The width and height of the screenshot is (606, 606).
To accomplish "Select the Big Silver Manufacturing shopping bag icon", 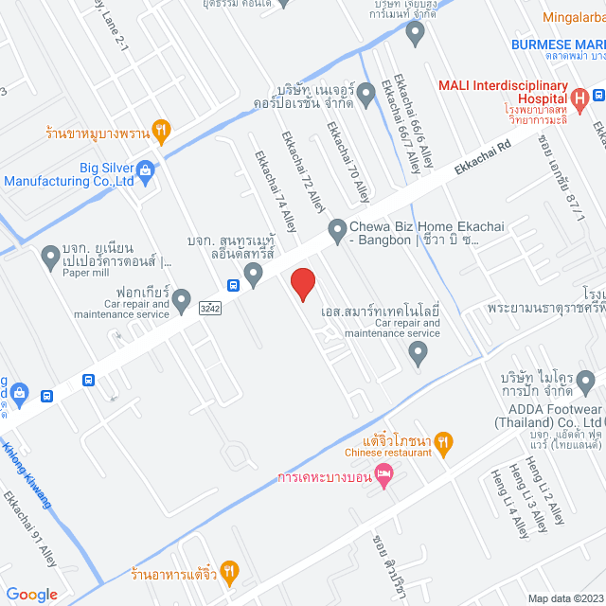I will coord(145,170).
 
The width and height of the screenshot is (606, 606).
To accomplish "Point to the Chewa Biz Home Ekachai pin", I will coord(336,229).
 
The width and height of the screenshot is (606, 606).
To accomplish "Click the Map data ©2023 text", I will coord(564,597).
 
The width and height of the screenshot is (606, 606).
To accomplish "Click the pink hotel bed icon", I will coord(383,474).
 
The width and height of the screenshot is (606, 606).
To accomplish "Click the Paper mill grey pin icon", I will coord(52,256).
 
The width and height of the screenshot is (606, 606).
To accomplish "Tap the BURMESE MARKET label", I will coord(558,45).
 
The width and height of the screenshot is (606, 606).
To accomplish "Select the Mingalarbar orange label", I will coord(574,16).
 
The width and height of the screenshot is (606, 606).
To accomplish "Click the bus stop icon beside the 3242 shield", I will coord(233,285).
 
